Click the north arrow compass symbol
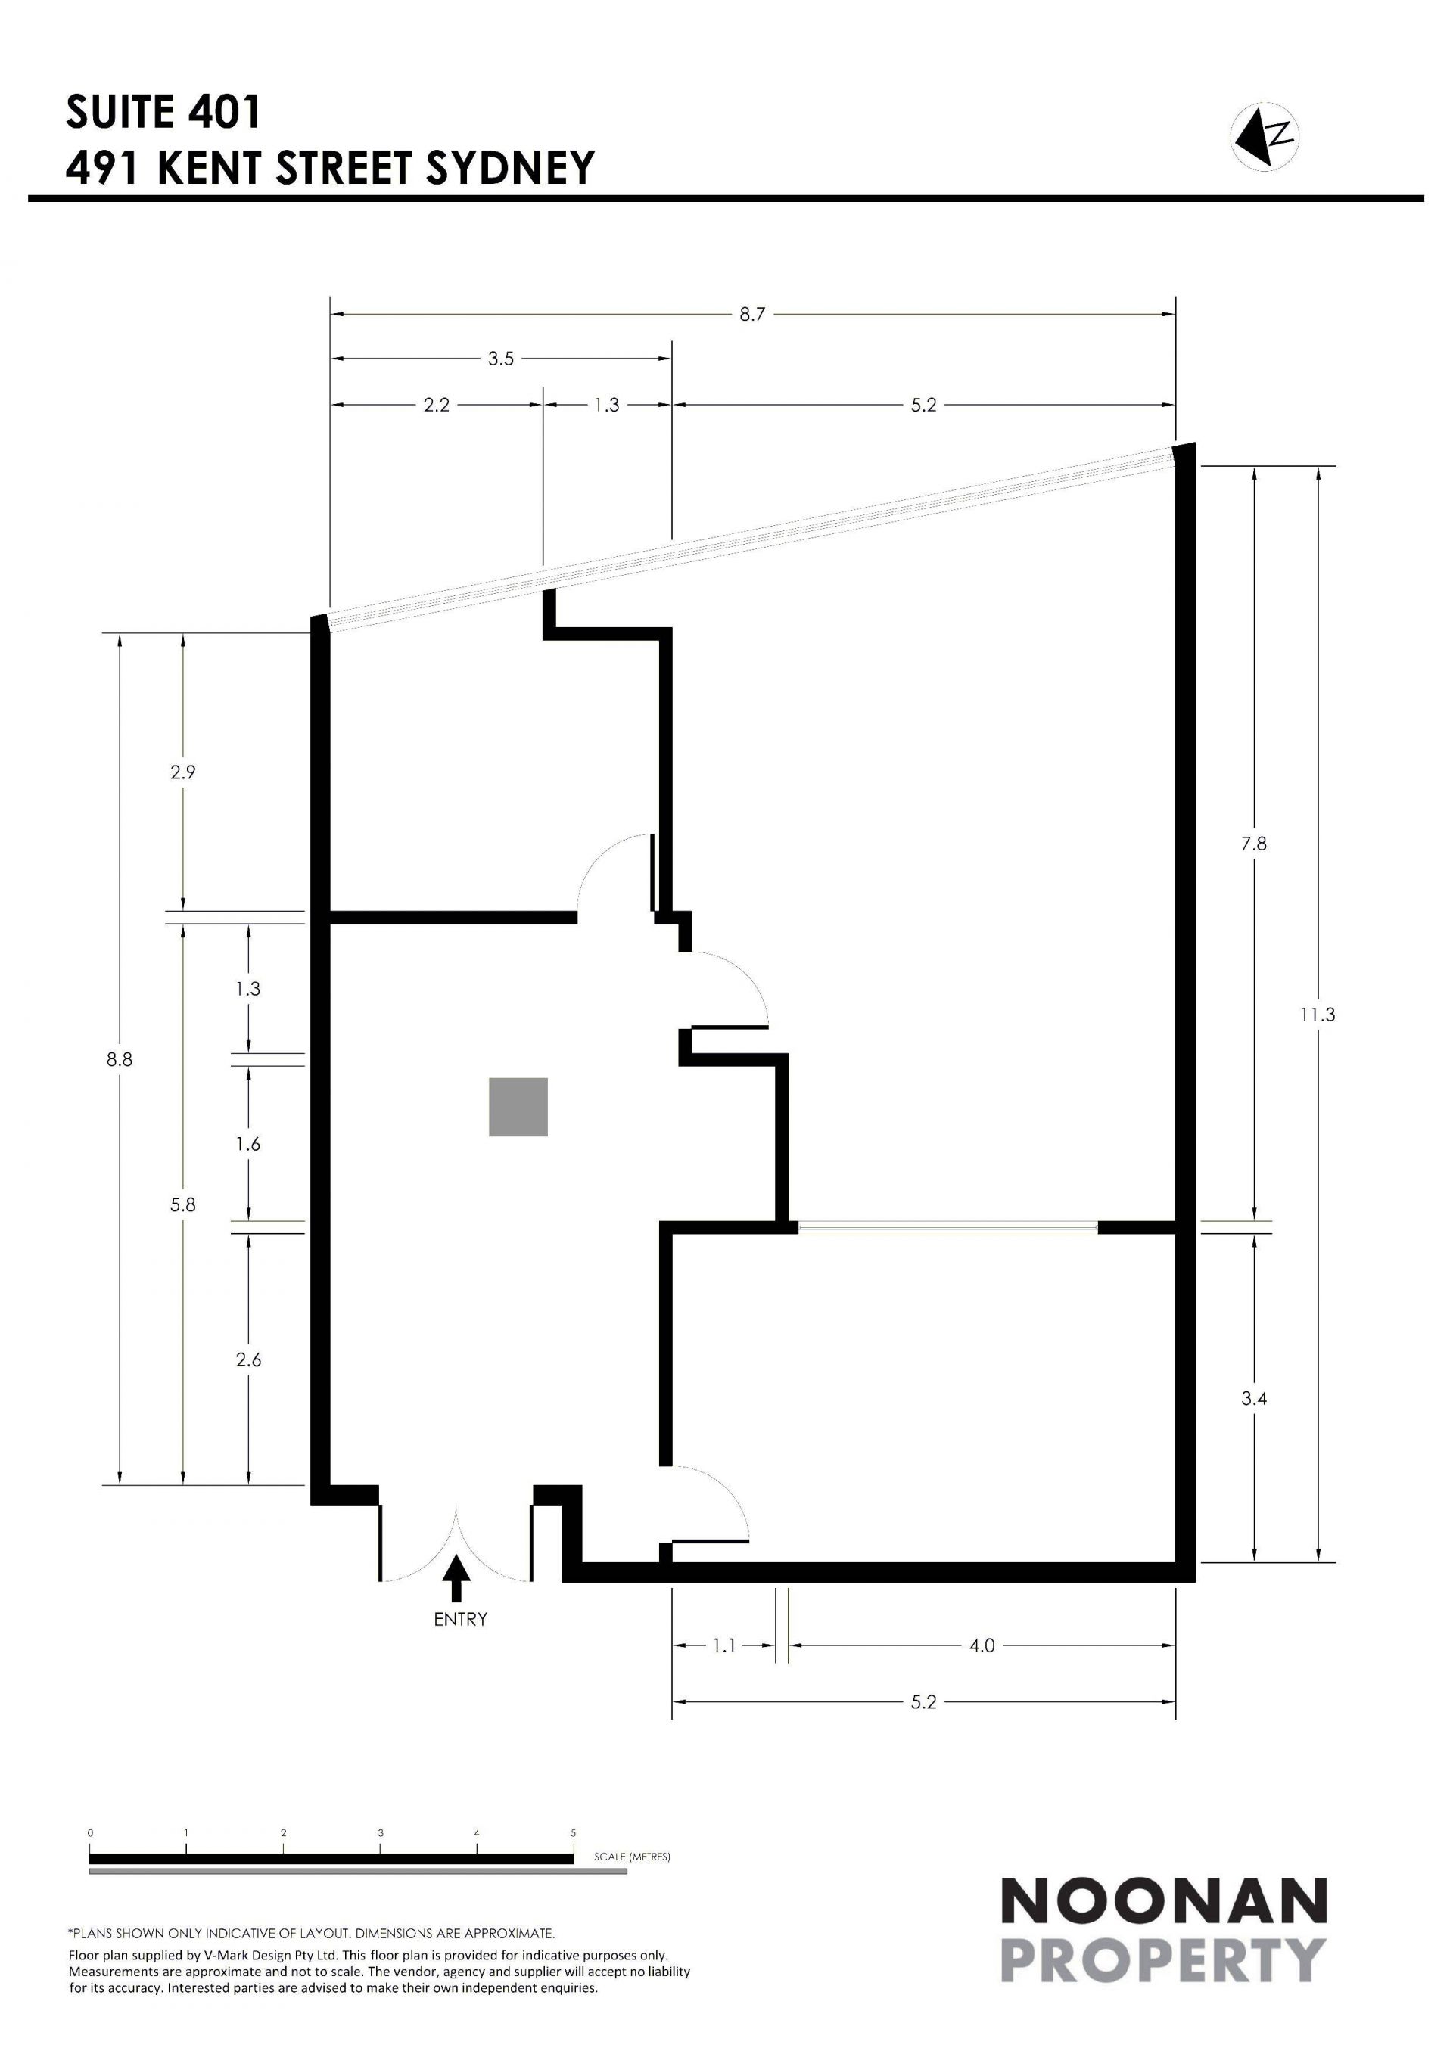pyautogui.click(x=1265, y=137)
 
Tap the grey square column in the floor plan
pyautogui.click(x=518, y=1108)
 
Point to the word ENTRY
pyautogui.click(x=461, y=1619)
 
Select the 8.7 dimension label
pyautogui.click(x=752, y=314)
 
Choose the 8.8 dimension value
pyautogui.click(x=119, y=1059)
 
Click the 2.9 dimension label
pyautogui.click(x=182, y=772)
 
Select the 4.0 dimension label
pyautogui.click(x=982, y=1645)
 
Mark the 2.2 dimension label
pyautogui.click(x=437, y=406)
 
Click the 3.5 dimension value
pyautogui.click(x=501, y=359)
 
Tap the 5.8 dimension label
pyautogui.click(x=182, y=1205)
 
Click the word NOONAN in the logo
pyautogui.click(x=1163, y=1900)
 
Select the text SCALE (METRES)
pyautogui.click(x=632, y=1857)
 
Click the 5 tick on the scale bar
pyautogui.click(x=574, y=1833)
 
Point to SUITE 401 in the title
pyautogui.click(x=163, y=112)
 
